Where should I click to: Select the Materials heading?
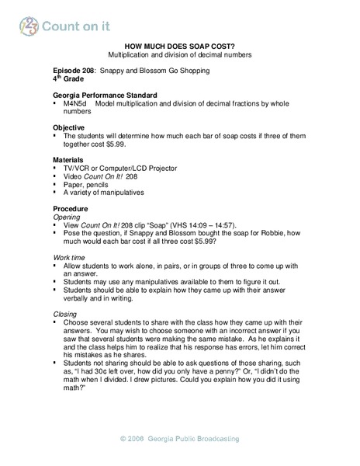coord(70,158)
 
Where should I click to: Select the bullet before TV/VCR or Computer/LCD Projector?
coord(56,168)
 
